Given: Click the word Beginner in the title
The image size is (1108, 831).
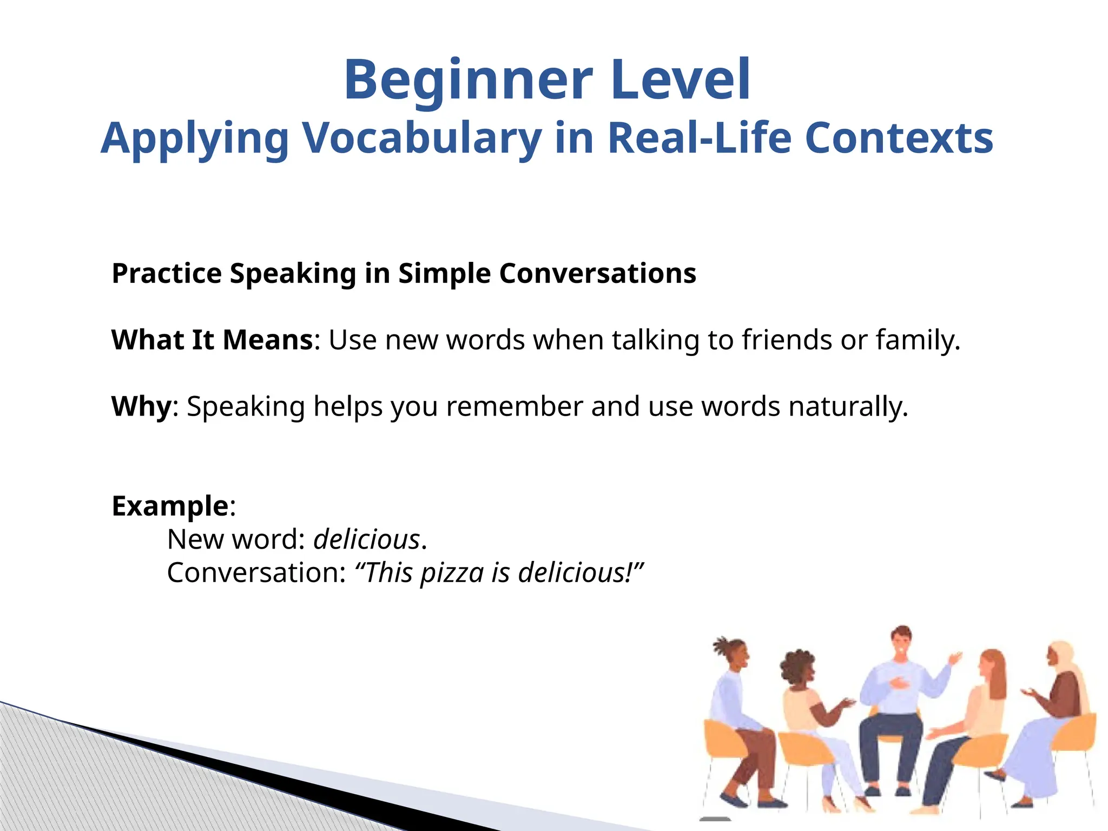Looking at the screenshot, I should pyautogui.click(x=468, y=81).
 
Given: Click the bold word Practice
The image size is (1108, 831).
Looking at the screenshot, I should pyautogui.click(x=166, y=274).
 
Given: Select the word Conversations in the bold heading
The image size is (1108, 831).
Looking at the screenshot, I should pyautogui.click(x=597, y=273).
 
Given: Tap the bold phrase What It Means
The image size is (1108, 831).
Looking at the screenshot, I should pyautogui.click(x=212, y=340).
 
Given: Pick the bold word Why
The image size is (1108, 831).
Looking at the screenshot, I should pyautogui.click(x=141, y=406).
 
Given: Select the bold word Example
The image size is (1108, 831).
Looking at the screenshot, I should pyautogui.click(x=170, y=506).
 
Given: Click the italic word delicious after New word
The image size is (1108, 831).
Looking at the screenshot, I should pyautogui.click(x=367, y=539).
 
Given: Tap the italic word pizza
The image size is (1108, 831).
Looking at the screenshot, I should pyautogui.click(x=452, y=573).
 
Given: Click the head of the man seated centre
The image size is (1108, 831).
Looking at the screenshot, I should pyautogui.click(x=902, y=641).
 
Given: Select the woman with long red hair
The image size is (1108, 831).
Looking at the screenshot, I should pyautogui.click(x=990, y=698).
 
